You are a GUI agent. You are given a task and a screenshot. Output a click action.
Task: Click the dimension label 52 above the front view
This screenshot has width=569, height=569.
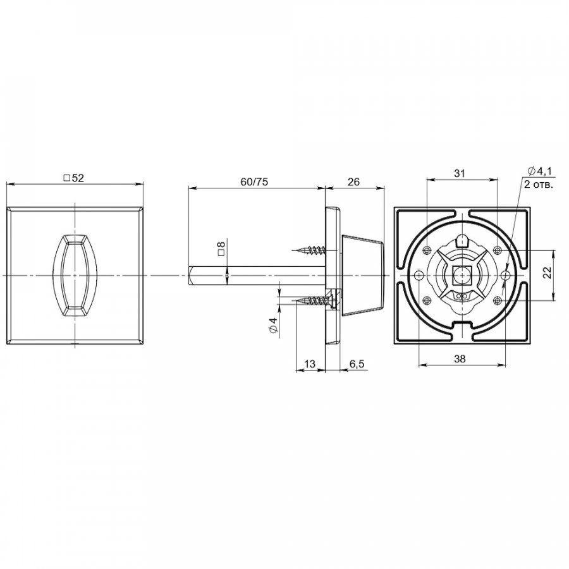pos(74,178)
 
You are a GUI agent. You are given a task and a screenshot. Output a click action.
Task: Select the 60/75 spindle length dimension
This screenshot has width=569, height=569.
pos(254,181)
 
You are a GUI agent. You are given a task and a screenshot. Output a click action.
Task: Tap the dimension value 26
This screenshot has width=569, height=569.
pos(353,181)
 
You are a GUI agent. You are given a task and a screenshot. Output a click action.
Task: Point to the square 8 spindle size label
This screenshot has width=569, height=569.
pos(221,248)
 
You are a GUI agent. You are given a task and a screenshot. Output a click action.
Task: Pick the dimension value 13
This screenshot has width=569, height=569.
pos(310,364)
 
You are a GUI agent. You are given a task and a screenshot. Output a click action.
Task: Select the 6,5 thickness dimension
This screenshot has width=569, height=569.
pos(357,364)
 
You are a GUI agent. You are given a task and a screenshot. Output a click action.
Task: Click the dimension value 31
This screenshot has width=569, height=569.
pos(460,173)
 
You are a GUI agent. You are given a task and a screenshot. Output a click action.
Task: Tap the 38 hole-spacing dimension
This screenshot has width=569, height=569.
pos(460,359)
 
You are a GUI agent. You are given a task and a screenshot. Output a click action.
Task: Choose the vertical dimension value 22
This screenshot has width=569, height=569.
pos(548,272)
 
